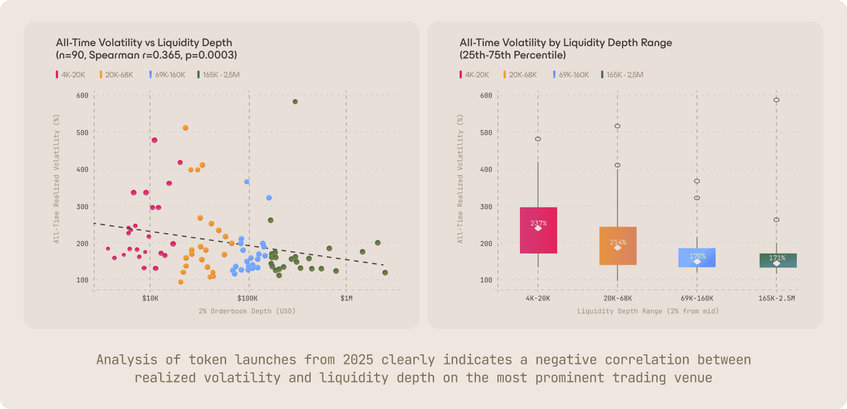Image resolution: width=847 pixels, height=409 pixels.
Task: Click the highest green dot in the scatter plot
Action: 295,101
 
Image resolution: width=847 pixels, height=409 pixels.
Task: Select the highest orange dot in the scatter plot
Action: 186,128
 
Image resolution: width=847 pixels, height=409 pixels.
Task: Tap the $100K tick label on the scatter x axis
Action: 248,297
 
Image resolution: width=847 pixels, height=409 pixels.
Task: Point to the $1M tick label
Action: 346,297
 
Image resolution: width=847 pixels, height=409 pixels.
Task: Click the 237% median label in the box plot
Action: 538,224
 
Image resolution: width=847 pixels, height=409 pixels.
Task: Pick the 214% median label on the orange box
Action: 617,242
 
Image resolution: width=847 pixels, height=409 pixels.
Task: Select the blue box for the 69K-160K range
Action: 697,257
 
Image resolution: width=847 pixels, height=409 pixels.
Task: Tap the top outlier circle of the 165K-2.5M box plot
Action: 777,100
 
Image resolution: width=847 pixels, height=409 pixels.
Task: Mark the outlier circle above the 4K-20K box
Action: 538,139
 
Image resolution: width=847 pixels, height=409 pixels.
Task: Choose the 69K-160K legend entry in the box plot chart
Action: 571,74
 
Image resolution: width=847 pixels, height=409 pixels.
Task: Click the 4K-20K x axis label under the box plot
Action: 538,298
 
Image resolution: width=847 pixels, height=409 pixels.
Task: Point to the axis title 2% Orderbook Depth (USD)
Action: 247,311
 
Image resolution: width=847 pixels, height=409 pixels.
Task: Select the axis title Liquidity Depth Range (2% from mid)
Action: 648,311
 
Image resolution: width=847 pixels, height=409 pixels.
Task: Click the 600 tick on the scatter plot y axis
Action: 82,95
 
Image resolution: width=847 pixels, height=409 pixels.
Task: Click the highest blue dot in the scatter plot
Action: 246,181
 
